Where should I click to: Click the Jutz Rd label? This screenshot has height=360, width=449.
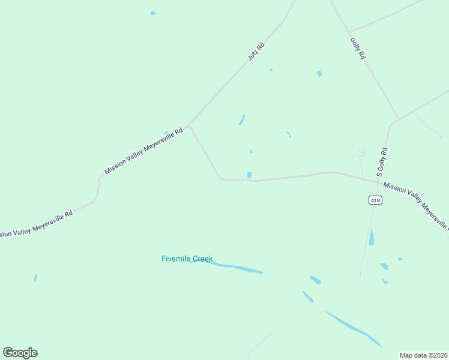tap(256, 52)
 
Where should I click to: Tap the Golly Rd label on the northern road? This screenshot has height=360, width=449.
tap(358, 47)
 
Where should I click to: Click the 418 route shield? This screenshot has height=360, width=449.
tap(375, 200)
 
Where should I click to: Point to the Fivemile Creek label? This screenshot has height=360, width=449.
tap(187, 259)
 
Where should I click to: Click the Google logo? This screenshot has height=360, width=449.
tap(20, 353)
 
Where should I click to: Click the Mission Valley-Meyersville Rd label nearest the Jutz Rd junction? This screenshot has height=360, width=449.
tap(143, 151)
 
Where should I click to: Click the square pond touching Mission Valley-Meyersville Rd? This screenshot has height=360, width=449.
tap(249, 175)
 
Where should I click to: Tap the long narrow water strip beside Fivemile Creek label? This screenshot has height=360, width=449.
tap(231, 266)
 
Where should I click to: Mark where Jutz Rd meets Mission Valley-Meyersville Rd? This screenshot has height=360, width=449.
tap(188, 127)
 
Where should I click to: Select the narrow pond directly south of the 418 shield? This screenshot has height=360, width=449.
tap(372, 237)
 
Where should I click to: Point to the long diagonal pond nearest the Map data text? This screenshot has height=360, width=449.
tap(354, 329)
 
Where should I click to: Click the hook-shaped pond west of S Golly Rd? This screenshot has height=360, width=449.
tap(289, 134)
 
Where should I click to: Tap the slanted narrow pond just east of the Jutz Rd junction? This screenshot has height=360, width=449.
tap(242, 119)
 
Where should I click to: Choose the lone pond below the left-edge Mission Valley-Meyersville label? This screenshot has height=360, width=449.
tap(35, 278)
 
